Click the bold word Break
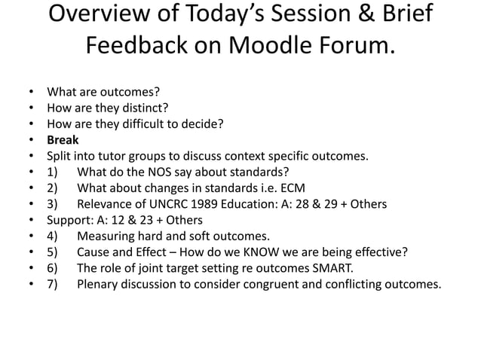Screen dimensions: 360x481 click(63, 140)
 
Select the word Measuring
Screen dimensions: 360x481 click(106, 235)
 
